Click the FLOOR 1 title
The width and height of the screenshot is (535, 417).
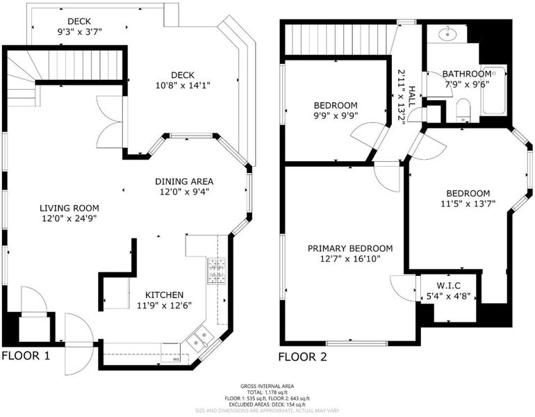tap(26, 356)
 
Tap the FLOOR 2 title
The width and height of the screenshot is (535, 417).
tap(303, 357)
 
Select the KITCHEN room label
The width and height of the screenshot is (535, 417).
tap(165, 295)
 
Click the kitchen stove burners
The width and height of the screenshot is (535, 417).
tap(217, 271)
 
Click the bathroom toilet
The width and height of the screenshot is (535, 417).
tap(463, 110)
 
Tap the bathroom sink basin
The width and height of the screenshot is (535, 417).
tap(447, 33)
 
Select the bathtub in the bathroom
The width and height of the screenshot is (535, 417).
tap(493, 90)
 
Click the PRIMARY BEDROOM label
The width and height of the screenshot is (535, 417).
tap(350, 248)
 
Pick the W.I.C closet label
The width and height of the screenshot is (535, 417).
tap(449, 285)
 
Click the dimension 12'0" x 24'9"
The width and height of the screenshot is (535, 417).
tap(69, 218)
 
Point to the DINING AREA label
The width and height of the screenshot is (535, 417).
tap(184, 181)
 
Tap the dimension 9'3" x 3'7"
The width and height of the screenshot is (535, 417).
tap(79, 32)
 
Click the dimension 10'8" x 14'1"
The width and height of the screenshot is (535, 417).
tap(183, 85)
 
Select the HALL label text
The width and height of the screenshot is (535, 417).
tap(412, 97)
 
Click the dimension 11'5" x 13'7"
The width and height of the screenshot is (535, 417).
tap(468, 204)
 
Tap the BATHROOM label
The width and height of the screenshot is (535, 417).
tap(467, 74)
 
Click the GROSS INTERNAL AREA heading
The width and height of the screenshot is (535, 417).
tap(267, 386)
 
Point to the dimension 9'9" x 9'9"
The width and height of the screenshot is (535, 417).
tap(336, 115)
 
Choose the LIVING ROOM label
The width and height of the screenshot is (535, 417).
tap(69, 208)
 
